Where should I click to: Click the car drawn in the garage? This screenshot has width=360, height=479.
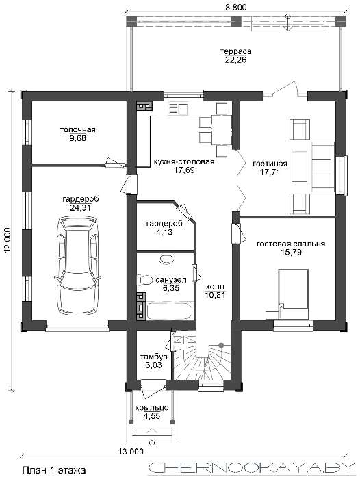(77, 265)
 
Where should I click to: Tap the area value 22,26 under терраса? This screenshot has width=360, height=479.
(235, 60)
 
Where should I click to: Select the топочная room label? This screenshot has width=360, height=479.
(77, 129)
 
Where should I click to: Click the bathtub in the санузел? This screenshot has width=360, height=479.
(170, 311)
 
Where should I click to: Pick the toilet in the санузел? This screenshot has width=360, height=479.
(144, 280)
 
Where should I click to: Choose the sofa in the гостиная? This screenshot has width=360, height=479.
(323, 167)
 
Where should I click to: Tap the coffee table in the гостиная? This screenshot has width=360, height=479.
(299, 166)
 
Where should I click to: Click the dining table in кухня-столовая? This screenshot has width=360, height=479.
(222, 129)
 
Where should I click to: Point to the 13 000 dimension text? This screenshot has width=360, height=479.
(131, 451)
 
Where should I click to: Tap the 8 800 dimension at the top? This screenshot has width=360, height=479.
(235, 8)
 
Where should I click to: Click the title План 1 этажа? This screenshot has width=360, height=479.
(54, 470)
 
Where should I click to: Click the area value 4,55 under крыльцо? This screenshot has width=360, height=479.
(152, 416)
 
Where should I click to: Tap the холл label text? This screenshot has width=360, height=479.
(215, 287)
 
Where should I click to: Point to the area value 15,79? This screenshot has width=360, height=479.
(291, 253)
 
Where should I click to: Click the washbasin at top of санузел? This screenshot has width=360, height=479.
(166, 258)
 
